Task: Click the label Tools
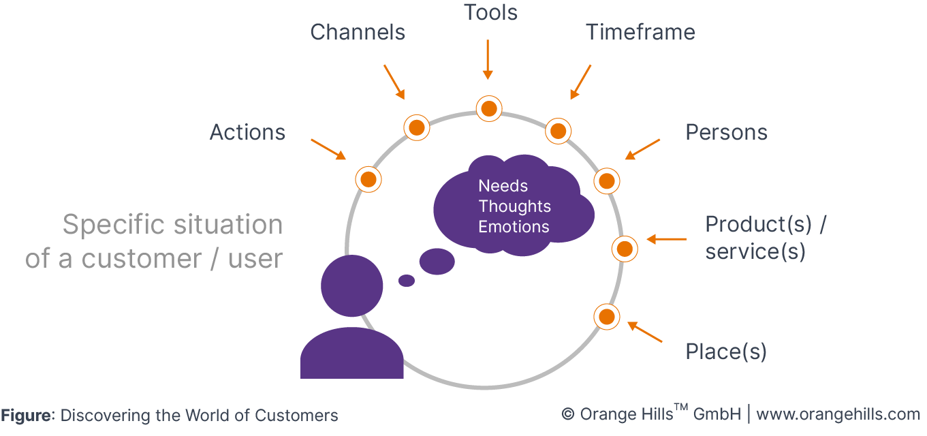pyautogui.click(x=490, y=13)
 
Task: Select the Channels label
pyautogui.click(x=358, y=32)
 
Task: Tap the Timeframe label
pyautogui.click(x=640, y=32)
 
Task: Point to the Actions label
pyautogui.click(x=247, y=132)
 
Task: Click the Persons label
pyautogui.click(x=726, y=132)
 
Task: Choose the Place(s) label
pyautogui.click(x=725, y=352)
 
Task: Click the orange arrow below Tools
pyautogui.click(x=488, y=59)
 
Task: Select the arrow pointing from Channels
pyautogui.click(x=394, y=82)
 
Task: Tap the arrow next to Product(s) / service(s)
pyautogui.click(x=666, y=239)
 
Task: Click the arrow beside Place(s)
pyautogui.click(x=644, y=332)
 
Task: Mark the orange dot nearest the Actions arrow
pyautogui.click(x=368, y=180)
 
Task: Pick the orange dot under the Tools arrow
pyautogui.click(x=488, y=108)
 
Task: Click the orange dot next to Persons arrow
pyautogui.click(x=606, y=181)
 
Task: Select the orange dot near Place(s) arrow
pyautogui.click(x=606, y=316)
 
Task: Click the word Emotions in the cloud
pyautogui.click(x=514, y=227)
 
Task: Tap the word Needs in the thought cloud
pyautogui.click(x=503, y=186)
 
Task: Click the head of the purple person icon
pyautogui.click(x=351, y=285)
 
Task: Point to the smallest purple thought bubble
pyautogui.click(x=407, y=280)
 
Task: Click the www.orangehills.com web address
pyautogui.click(x=838, y=414)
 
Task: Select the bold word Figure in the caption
pyautogui.click(x=26, y=415)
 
